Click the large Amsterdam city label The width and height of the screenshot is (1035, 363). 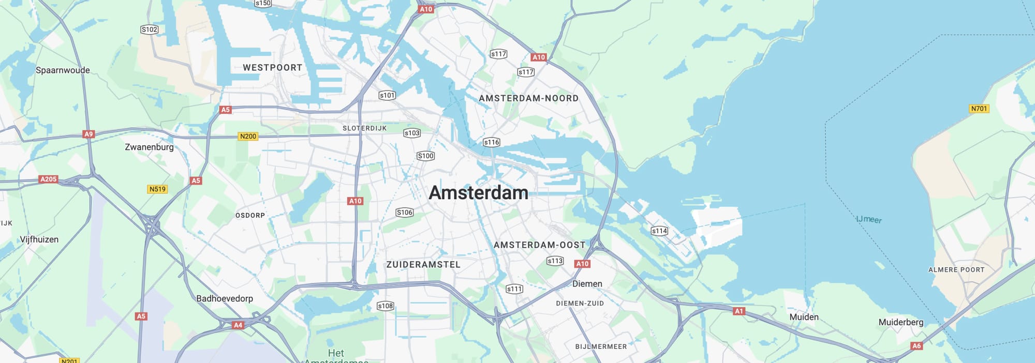[x=479, y=193]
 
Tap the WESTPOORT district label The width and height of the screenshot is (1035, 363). [x=273, y=68]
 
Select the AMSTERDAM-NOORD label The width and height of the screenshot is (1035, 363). [x=528, y=98]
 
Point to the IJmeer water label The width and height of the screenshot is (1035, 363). [x=869, y=219]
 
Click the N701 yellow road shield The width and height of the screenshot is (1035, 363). [x=979, y=109]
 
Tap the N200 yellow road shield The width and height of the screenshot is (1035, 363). [x=248, y=137]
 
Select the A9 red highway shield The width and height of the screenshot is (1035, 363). [x=88, y=134]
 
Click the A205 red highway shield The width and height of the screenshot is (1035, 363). [x=48, y=179]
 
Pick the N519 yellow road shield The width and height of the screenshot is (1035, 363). [x=157, y=189]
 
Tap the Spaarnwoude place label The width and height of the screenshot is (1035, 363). [x=63, y=70]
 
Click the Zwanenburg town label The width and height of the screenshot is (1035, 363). [x=149, y=147]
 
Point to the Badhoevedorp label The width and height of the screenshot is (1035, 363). [x=225, y=298]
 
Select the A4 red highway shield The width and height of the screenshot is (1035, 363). [x=238, y=325]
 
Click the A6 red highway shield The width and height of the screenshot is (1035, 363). [x=916, y=346]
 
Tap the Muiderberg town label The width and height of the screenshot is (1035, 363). [x=900, y=322]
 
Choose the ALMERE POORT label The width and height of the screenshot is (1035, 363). [x=956, y=270]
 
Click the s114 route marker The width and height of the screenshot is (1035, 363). [x=659, y=231]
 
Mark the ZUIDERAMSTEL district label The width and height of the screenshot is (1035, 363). [x=423, y=265]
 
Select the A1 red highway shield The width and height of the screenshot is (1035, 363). [x=738, y=311]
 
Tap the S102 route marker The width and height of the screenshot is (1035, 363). [x=149, y=29]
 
